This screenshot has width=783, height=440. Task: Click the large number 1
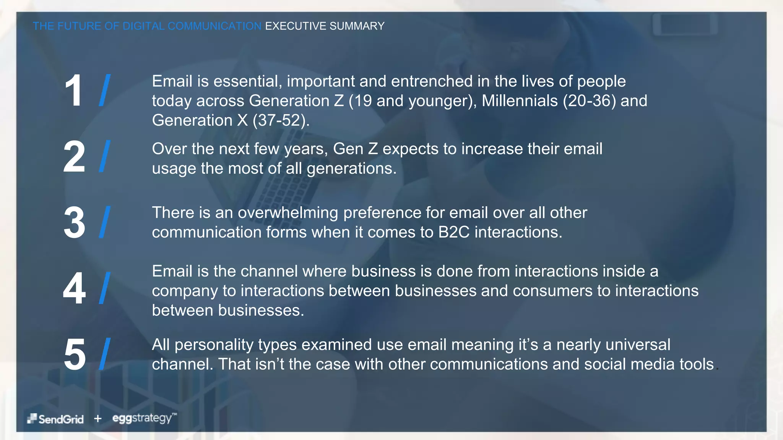click(x=73, y=91)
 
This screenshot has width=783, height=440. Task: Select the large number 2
click(x=74, y=157)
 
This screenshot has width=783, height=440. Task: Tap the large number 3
click(x=74, y=223)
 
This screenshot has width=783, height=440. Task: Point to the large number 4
click(x=74, y=288)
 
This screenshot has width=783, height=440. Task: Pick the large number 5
click(x=75, y=354)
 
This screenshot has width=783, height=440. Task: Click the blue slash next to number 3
click(x=105, y=222)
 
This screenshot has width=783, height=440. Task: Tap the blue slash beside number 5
click(x=105, y=354)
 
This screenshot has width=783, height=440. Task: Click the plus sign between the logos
click(x=98, y=419)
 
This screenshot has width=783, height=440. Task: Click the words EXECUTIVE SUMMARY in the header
click(x=325, y=26)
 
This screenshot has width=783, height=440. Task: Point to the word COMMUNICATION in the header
click(x=214, y=26)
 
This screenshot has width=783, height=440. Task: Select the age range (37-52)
click(x=281, y=121)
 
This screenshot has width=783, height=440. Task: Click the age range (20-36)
click(x=589, y=101)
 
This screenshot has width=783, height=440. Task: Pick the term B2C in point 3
click(x=453, y=232)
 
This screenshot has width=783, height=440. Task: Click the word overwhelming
click(x=288, y=213)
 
